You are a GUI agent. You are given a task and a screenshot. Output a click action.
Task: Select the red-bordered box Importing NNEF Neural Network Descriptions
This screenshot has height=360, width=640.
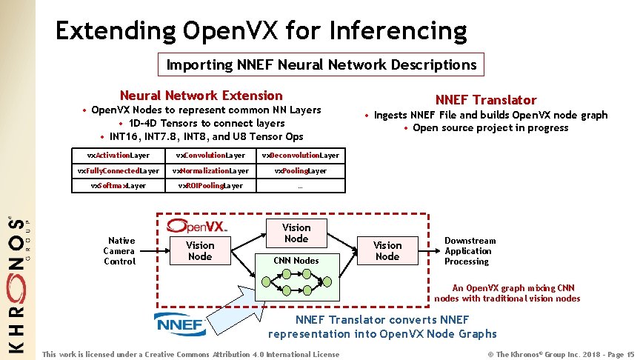click(x=321, y=64)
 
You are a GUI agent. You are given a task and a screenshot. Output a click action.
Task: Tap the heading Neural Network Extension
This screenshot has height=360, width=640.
click(x=201, y=95)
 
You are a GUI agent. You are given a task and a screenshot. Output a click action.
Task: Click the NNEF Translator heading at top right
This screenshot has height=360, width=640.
click(x=485, y=100)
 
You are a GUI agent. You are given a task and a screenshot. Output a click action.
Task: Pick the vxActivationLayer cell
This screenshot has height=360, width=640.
click(x=119, y=156)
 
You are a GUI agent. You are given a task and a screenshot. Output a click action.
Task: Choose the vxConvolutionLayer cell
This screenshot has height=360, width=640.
click(x=210, y=156)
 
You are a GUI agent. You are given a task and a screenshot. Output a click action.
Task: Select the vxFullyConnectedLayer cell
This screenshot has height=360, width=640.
click(x=119, y=171)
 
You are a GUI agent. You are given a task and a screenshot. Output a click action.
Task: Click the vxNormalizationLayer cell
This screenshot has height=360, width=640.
click(x=210, y=171)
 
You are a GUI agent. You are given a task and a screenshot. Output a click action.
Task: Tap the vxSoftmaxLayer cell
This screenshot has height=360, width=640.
click(x=119, y=186)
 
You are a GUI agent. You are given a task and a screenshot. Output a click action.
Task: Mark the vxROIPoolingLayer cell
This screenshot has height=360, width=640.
click(x=210, y=186)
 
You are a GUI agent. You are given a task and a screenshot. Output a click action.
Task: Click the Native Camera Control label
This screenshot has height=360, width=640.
click(x=119, y=250)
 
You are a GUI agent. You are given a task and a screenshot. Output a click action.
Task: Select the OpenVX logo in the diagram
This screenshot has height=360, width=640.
click(x=197, y=224)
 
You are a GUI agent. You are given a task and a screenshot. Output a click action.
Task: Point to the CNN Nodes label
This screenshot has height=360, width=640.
click(x=296, y=260)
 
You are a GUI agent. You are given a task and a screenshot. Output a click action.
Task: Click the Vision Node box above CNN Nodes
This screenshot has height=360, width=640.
click(x=296, y=233)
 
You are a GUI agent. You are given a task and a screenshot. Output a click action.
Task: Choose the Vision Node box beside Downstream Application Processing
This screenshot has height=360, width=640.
click(x=387, y=250)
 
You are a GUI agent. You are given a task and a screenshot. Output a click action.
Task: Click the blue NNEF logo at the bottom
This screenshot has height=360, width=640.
click(x=180, y=324)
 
